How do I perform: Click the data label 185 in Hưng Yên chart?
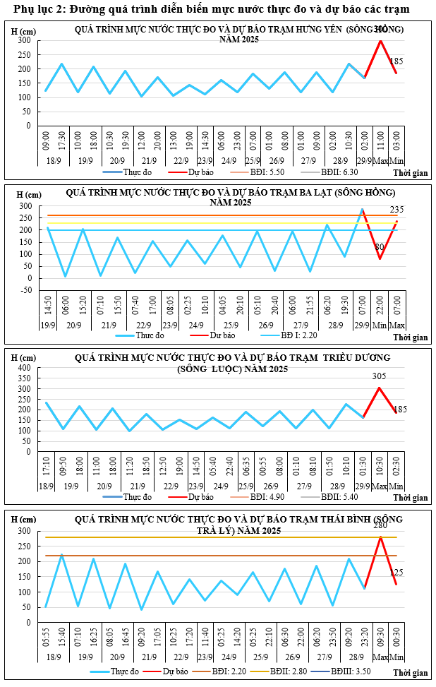pos(396,62)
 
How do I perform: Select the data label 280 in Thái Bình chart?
pos(380,525)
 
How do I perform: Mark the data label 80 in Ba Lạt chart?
pos(379,247)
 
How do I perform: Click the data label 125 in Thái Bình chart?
pos(396,573)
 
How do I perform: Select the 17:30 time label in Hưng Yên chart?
pos(61,141)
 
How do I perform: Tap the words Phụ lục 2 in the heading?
pos(35,8)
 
